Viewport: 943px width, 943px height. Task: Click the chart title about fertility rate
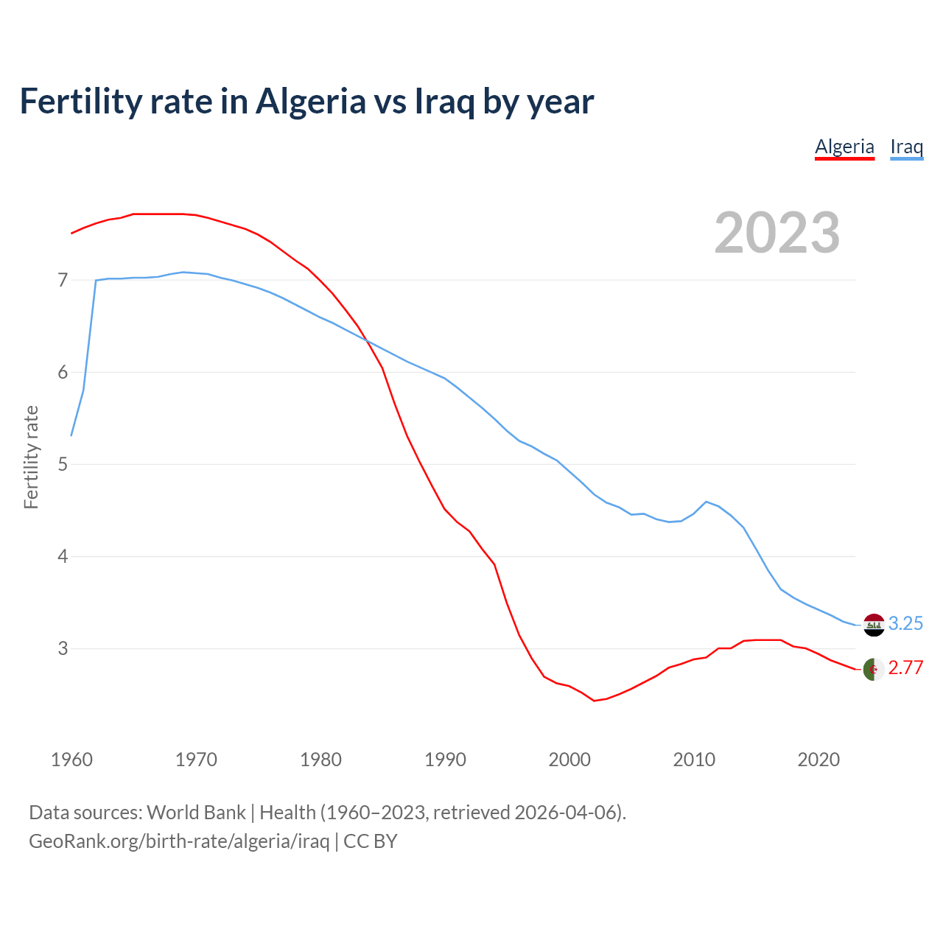tap(306, 102)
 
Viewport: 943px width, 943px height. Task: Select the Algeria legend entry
tap(844, 147)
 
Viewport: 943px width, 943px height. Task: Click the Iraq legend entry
tap(906, 147)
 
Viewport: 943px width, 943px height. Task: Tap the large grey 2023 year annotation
tap(777, 233)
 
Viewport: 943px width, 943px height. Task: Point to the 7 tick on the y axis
tap(63, 280)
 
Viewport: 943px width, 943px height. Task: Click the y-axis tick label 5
tap(63, 464)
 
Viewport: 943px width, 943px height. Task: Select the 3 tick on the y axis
tap(63, 648)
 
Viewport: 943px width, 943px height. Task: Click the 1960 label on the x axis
tap(71, 760)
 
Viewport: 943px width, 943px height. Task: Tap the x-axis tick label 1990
tap(445, 760)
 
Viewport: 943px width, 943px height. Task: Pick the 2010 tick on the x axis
tap(694, 760)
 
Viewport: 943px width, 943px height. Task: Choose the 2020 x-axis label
tap(818, 760)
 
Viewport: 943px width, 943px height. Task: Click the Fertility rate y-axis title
tap(31, 457)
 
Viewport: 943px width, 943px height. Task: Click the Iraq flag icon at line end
tap(874, 625)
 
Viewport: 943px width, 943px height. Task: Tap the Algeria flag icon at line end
tap(874, 670)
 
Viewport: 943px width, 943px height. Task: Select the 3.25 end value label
tap(905, 623)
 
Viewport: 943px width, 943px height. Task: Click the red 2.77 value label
tap(905, 668)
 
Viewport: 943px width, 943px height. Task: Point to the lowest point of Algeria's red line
tap(594, 701)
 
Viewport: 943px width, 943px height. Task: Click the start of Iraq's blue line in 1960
tap(71, 435)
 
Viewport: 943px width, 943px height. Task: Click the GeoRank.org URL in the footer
tap(179, 841)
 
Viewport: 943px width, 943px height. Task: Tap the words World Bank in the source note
tap(196, 813)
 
